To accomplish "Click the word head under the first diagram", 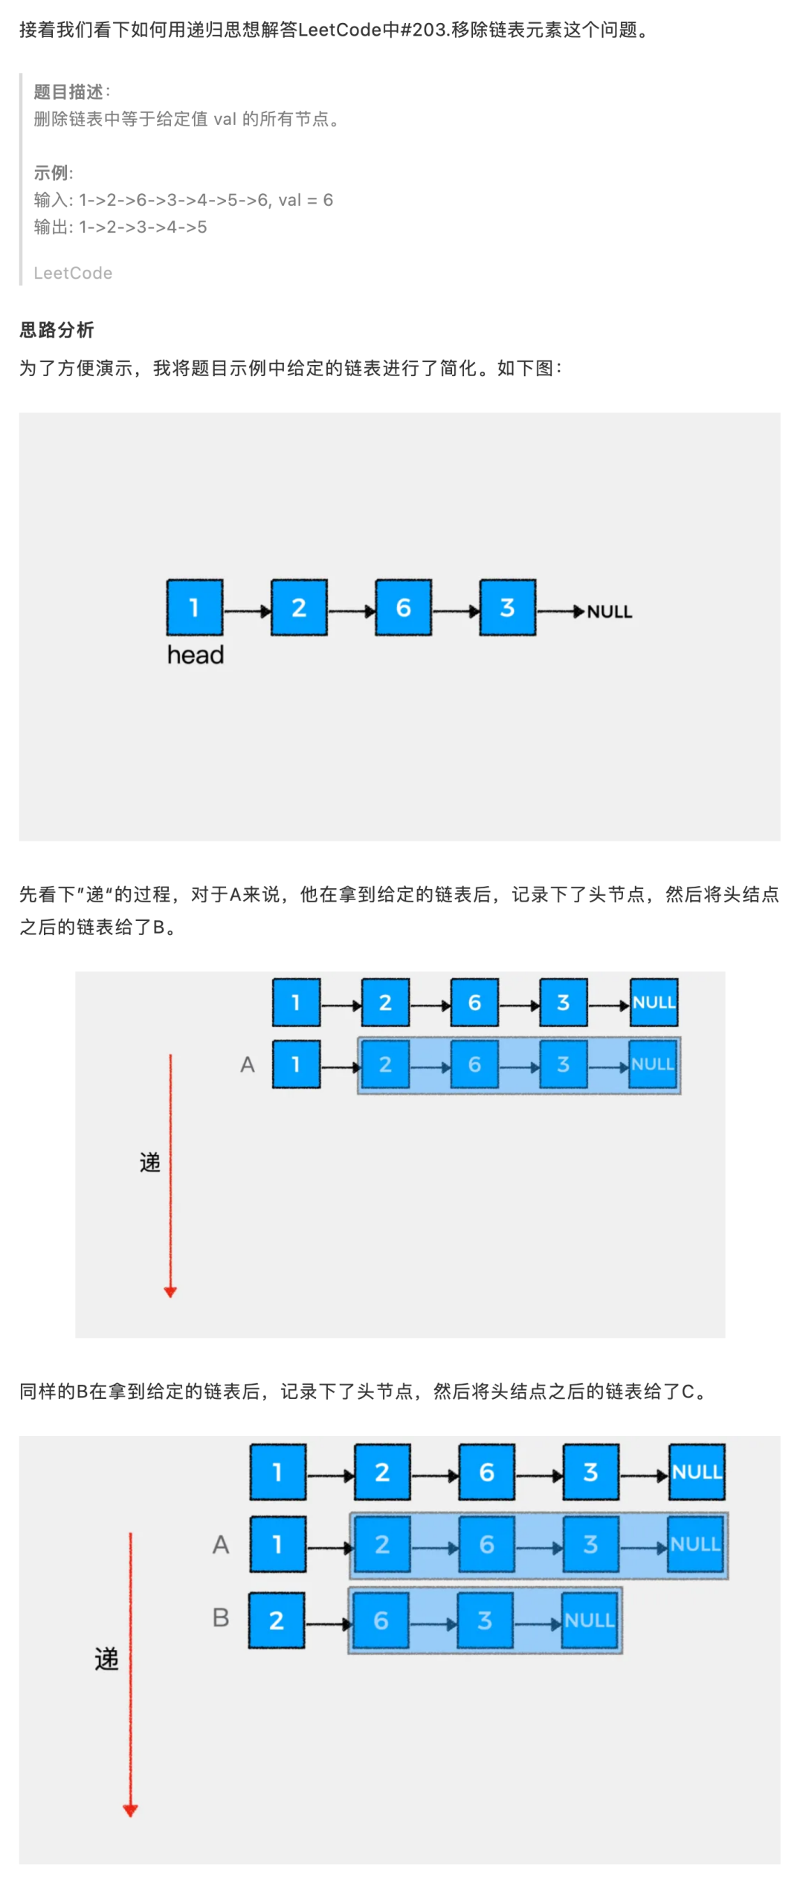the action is coord(195,655).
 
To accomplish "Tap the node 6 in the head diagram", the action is coord(403,607).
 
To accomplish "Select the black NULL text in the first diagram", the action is coord(610,612).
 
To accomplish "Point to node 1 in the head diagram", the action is coord(195,607).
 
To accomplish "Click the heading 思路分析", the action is coord(57,329).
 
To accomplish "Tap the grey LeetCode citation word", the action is coord(73,274).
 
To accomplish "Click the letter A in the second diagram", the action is coord(248,1065).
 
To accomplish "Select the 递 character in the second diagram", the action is coord(150,1162).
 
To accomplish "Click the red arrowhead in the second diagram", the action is coord(170,1293).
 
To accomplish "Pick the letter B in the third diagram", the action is coord(221,1617).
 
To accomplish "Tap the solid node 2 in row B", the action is coord(277,1620).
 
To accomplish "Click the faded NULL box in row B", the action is coord(589,1620).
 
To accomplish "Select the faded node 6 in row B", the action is coord(381,1620).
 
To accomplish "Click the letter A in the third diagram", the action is coord(221,1545).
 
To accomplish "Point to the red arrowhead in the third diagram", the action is coord(130,1811).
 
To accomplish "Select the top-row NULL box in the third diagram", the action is coord(697,1472).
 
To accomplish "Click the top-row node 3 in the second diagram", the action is coord(564,1003).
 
